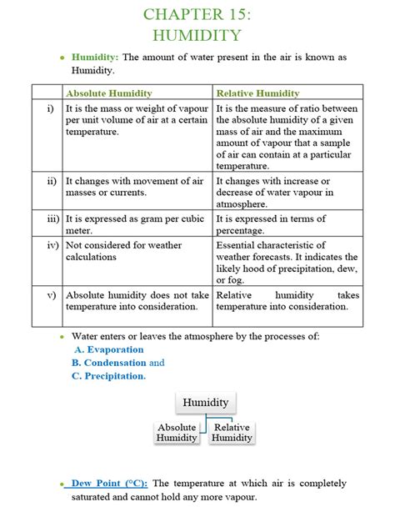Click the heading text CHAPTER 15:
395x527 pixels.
[197, 14]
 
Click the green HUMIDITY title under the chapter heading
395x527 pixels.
[197, 35]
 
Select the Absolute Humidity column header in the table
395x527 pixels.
[108, 93]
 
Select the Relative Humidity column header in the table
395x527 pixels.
[257, 93]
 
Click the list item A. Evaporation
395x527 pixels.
[108, 349]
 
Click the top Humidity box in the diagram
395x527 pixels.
[205, 403]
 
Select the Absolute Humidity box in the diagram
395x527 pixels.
[177, 433]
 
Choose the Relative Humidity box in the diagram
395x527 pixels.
[232, 433]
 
